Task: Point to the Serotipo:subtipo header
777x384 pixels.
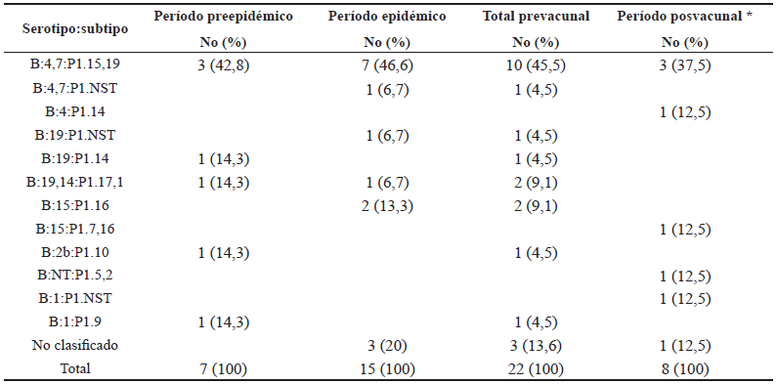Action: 75,27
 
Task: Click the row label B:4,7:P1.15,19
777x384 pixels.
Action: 75,64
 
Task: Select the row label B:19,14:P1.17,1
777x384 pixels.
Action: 75,182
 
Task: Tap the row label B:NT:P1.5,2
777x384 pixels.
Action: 75,276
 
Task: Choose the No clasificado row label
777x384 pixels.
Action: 75,346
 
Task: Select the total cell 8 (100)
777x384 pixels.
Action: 684,369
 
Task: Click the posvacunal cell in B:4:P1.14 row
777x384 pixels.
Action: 684,111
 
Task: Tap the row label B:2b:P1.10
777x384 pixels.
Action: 75,252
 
